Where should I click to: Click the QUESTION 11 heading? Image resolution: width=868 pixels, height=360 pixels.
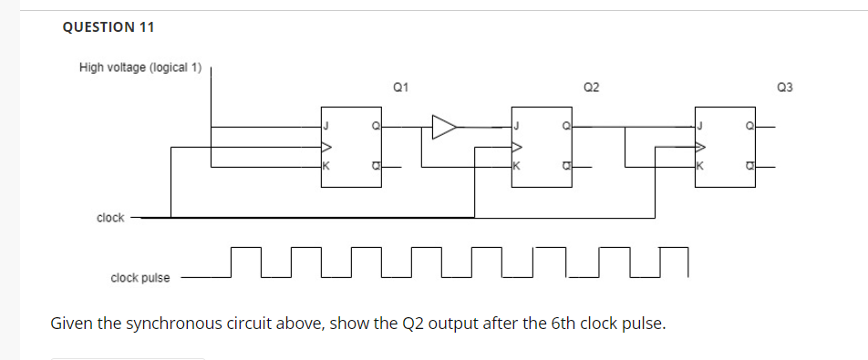108,27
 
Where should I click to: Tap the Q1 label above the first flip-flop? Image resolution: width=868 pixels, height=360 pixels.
399,87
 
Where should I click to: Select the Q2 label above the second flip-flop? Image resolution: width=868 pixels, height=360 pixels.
591,87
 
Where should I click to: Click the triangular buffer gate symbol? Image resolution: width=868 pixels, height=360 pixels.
444,127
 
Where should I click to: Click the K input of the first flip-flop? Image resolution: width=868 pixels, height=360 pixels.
325,167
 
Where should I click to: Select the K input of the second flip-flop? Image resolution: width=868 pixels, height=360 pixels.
516,167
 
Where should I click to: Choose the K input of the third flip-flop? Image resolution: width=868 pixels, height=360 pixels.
700,167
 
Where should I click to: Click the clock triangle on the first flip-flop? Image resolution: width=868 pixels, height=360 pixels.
326,146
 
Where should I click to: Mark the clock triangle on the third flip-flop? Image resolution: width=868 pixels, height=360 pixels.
701,146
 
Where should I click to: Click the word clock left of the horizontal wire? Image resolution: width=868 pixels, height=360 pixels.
110,218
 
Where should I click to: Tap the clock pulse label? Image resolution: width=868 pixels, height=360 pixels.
139,277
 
